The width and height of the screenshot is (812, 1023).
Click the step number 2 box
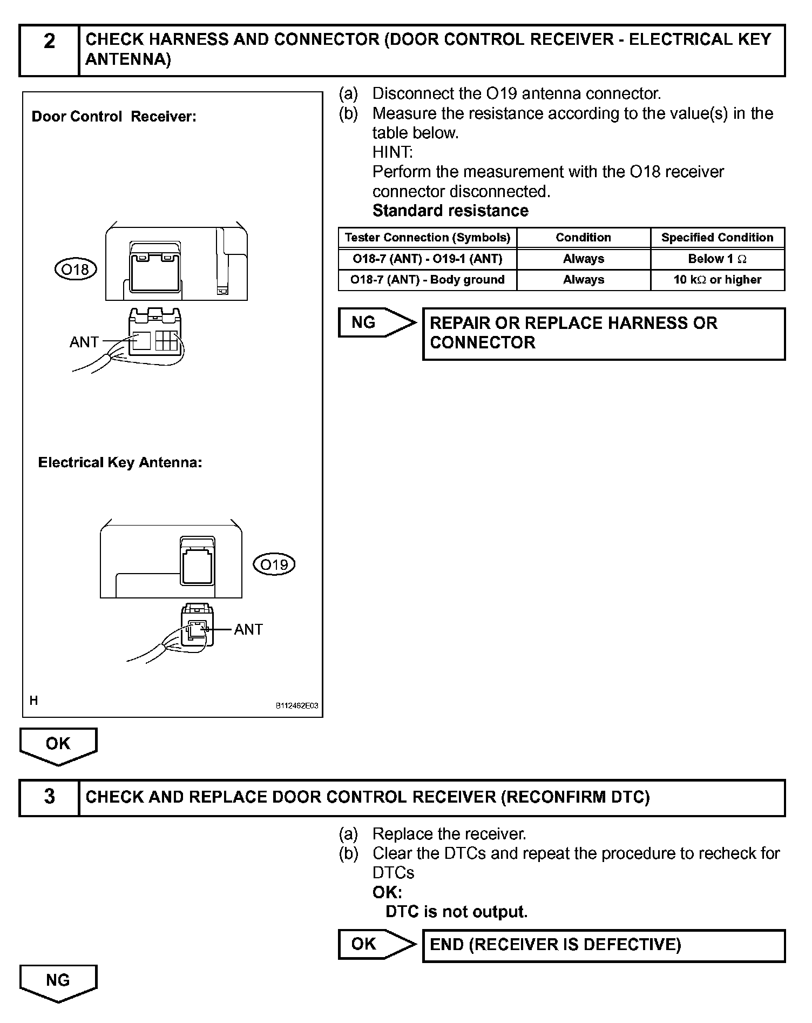point(49,50)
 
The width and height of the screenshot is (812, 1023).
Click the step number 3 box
point(49,797)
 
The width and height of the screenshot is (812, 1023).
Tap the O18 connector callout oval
point(76,269)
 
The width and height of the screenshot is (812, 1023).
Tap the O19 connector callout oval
point(274,564)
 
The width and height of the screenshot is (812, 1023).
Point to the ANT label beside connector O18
point(84,342)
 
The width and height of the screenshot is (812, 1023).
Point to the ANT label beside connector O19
point(248,629)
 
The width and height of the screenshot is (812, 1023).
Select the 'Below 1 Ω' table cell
point(717,259)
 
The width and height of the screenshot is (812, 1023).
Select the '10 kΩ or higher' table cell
point(717,280)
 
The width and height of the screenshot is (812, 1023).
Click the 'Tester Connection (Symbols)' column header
point(427,238)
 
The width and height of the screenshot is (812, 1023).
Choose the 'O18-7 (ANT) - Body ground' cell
point(427,280)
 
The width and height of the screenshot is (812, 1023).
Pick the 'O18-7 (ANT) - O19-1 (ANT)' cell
point(427,259)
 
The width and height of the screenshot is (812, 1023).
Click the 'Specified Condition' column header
point(717,238)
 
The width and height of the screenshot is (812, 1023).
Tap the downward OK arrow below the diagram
point(58,745)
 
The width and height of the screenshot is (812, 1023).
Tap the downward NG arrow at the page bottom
point(58,982)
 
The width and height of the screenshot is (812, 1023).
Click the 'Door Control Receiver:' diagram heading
point(114,117)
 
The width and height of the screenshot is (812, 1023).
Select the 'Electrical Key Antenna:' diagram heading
point(120,463)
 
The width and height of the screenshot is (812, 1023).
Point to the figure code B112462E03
point(297,705)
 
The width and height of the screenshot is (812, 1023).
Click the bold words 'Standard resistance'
point(450,211)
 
